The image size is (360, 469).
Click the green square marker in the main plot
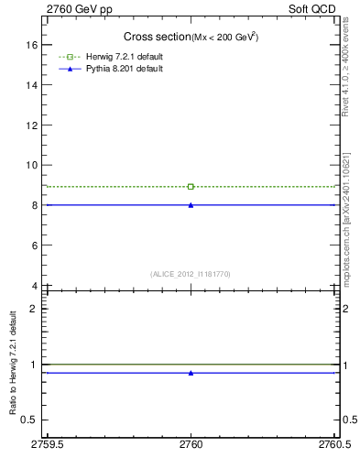tap(191, 187)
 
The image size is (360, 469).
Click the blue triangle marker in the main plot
tap(191, 204)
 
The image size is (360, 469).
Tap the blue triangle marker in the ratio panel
tap(191, 373)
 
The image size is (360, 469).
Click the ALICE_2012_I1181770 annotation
tap(191, 274)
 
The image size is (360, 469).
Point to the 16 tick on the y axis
tap(32, 44)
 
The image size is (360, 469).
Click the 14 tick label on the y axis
tap(32, 84)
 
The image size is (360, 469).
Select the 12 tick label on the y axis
tap(32, 125)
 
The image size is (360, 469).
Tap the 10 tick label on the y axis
tap(32, 165)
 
